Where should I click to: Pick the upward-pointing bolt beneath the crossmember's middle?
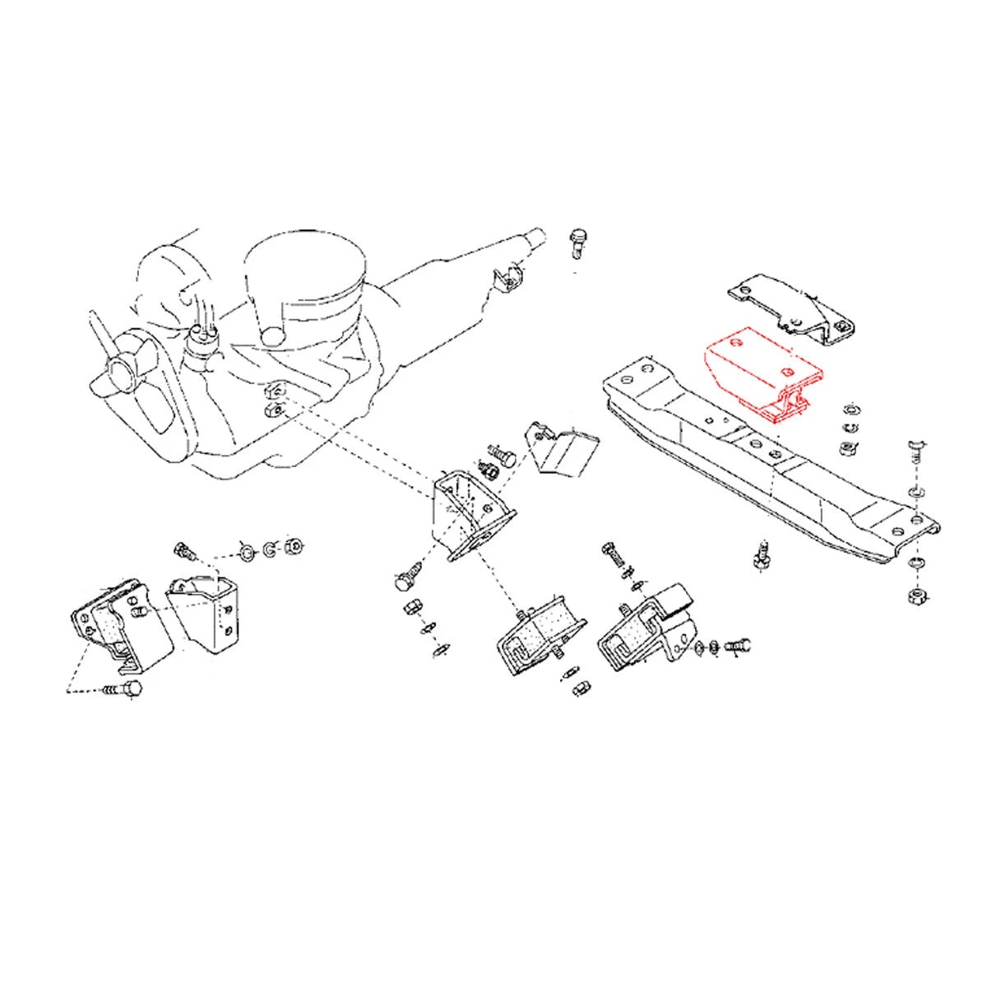(761, 556)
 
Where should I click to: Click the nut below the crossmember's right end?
(915, 595)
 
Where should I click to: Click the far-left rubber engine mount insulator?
(115, 621)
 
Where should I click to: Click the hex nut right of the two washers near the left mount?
(291, 546)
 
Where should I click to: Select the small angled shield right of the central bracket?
(563, 449)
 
